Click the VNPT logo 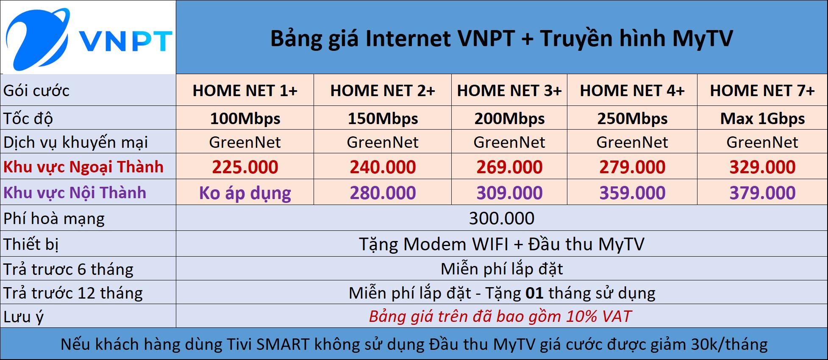88,39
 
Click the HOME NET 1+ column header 245,91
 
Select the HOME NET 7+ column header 762,91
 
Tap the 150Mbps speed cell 383,119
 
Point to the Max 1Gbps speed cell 762,119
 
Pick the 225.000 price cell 245,167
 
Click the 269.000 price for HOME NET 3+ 509,167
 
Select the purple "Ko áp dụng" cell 245,193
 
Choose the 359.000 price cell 632,193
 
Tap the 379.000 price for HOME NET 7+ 762,193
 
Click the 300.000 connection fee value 502,219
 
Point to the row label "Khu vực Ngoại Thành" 83,167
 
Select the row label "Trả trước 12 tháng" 73,293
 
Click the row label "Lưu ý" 23,317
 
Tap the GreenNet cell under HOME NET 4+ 632,142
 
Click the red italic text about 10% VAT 500,316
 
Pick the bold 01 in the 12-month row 534,293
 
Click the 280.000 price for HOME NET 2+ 383,193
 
